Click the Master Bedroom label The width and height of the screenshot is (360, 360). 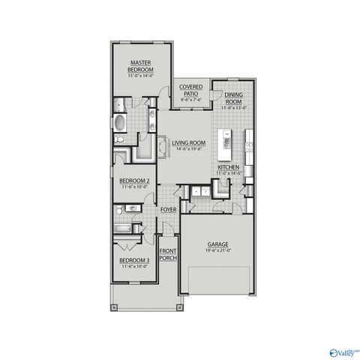click(142, 66)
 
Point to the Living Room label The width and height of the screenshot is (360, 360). click(188, 142)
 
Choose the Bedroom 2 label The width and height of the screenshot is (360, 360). click(134, 181)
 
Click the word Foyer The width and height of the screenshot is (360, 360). click(169, 210)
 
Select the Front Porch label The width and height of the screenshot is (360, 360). click(168, 254)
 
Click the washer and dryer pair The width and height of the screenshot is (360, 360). click(199, 193)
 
